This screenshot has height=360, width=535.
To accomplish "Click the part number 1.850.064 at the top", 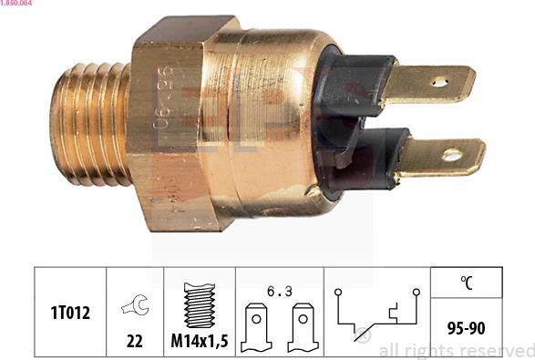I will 20,5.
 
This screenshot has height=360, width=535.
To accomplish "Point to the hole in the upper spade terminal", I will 439,82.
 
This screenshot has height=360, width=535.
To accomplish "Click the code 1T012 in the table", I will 70,313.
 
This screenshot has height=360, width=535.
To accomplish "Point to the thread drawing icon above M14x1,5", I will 199,305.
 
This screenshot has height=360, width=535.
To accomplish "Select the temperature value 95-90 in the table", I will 466,325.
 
